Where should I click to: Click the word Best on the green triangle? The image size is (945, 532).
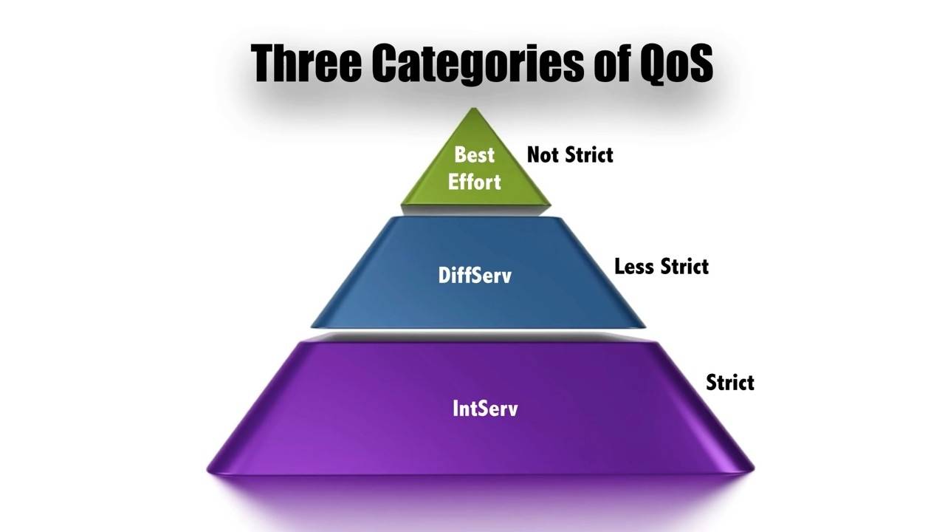click(x=474, y=154)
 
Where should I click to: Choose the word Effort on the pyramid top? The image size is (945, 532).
click(x=474, y=182)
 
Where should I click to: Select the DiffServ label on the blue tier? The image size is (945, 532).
click(x=474, y=276)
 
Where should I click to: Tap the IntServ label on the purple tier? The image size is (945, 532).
click(x=485, y=408)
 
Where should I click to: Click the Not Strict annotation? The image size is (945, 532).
click(x=570, y=154)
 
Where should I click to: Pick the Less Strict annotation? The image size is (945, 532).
click(x=661, y=266)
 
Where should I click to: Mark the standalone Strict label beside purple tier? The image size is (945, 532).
click(x=729, y=382)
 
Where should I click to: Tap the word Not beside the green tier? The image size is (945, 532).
click(x=543, y=154)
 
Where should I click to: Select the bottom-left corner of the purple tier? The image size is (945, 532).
click(x=210, y=468)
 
